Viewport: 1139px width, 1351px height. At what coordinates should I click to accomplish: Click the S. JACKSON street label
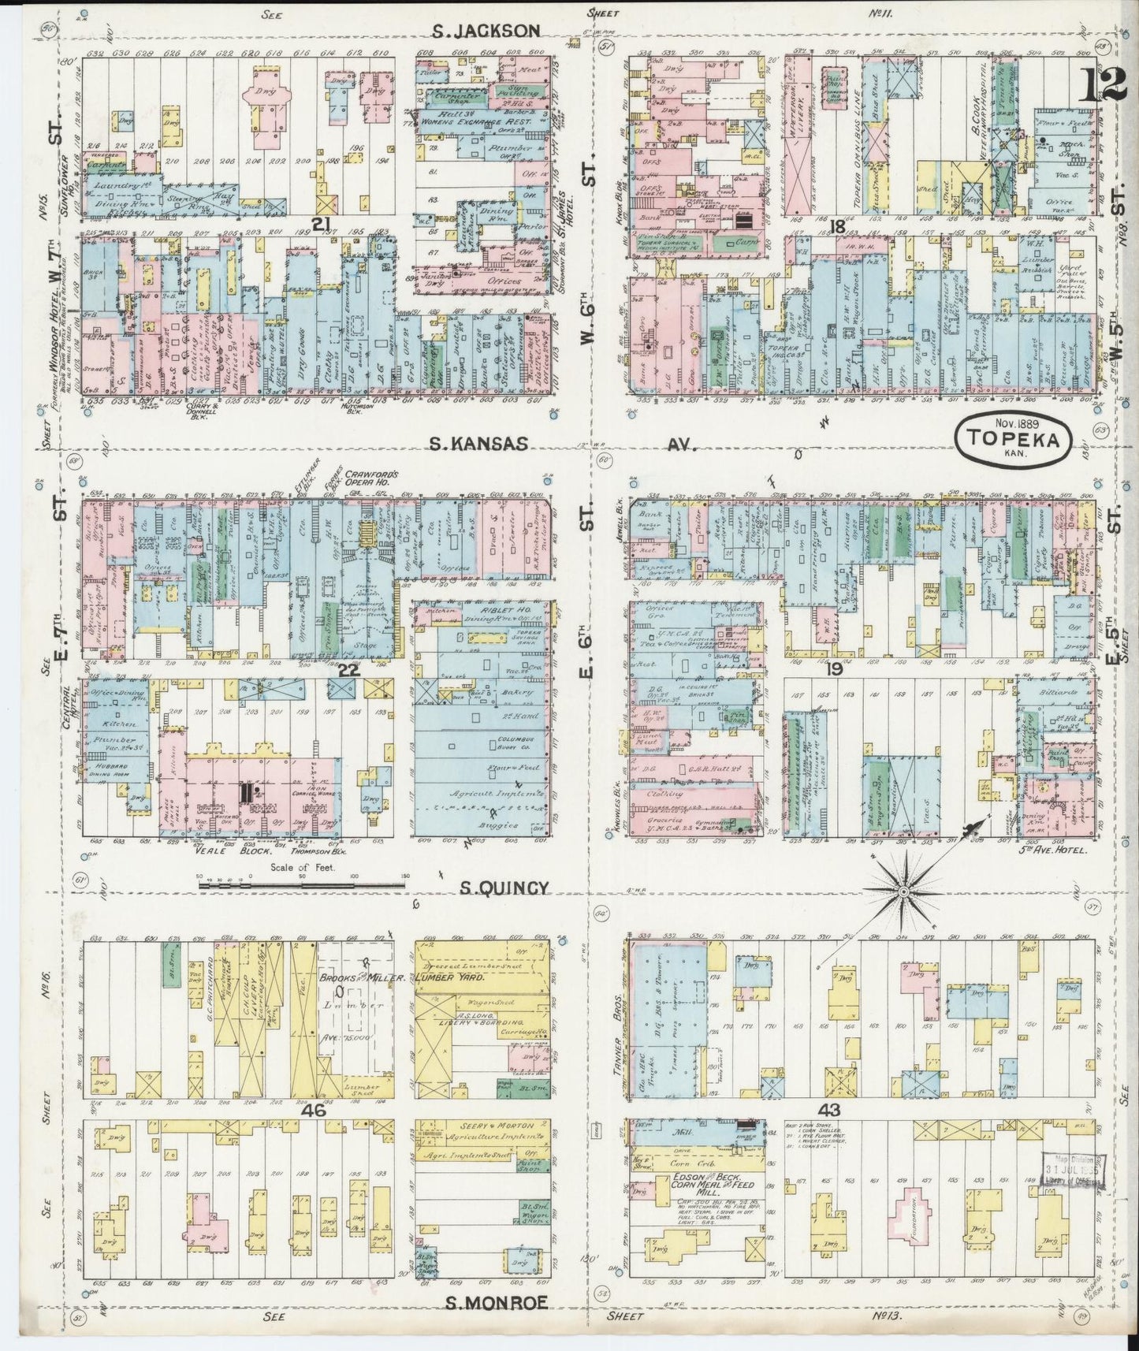pos(486,31)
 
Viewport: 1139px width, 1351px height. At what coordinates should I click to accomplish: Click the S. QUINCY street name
pos(504,888)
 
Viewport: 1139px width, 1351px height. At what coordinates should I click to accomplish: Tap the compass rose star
pos(902,891)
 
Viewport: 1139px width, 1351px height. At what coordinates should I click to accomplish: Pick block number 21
pos(320,225)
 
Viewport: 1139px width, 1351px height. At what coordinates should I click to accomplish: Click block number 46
pos(313,1109)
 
